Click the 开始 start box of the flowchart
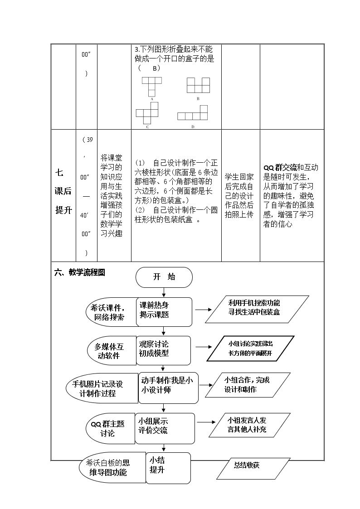tap(164, 277)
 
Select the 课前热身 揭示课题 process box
tap(164, 312)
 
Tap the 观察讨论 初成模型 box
tap(163, 350)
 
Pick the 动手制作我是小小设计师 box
tap(168, 388)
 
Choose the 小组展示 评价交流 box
tap(165, 428)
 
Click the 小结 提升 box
tap(168, 468)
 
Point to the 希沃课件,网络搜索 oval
tap(112, 312)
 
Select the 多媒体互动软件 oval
tap(112, 350)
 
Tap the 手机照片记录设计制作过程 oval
tap(102, 388)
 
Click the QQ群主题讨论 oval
tap(110, 428)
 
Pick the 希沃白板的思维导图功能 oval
tap(112, 468)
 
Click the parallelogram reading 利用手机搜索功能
tap(257, 310)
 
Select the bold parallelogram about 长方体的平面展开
tap(250, 349)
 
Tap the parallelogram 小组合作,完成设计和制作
tap(248, 385)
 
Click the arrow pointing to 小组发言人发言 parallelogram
tap(206, 422)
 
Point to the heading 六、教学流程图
tap(79, 272)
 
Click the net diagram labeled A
tap(151, 87)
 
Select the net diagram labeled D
tap(193, 113)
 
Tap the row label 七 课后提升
tap(63, 191)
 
